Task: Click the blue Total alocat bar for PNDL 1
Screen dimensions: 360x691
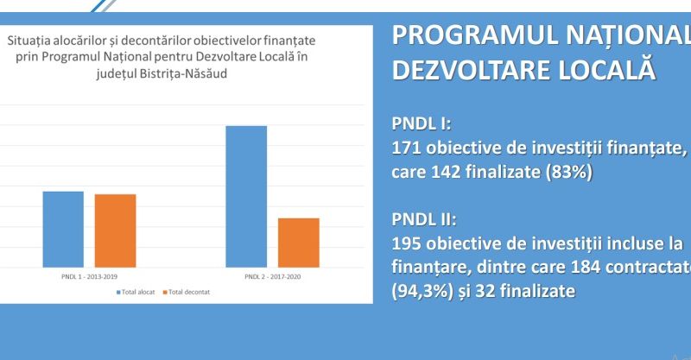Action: pos(63,229)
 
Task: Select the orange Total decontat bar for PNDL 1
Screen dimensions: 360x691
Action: pos(115,231)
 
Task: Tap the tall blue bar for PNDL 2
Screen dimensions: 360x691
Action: pos(246,196)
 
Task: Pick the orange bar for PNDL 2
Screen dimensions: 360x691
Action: pos(298,243)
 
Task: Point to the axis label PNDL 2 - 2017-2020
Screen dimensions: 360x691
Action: pos(272,276)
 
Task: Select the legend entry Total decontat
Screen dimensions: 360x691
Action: pos(189,292)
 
